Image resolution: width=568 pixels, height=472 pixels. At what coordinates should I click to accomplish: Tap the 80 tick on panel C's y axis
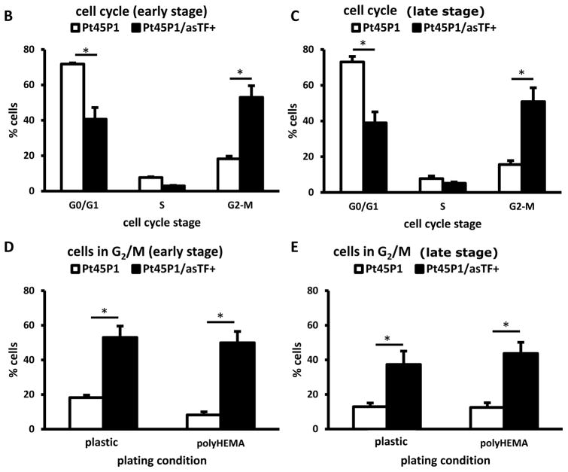tap(318, 50)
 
